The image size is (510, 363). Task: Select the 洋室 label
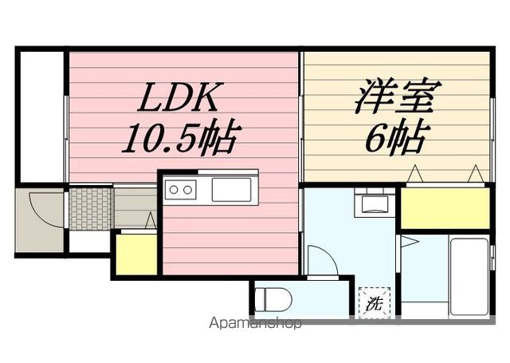tap(397, 96)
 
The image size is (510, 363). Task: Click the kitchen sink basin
tap(232, 189)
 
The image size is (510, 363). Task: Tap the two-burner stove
tap(181, 189)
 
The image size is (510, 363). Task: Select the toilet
tap(273, 300)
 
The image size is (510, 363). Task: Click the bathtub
tap(469, 277)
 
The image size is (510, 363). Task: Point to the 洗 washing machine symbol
tap(374, 303)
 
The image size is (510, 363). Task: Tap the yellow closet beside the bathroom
tap(445, 208)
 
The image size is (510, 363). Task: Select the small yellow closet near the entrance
tap(136, 254)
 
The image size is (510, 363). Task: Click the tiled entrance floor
tap(92, 208)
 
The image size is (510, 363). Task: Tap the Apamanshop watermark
tap(255, 323)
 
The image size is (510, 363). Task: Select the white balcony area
tap(42, 116)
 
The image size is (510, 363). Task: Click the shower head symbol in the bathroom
tap(410, 242)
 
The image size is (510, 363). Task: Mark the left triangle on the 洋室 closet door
tap(415, 174)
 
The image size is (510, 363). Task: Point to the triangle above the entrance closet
tap(151, 221)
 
